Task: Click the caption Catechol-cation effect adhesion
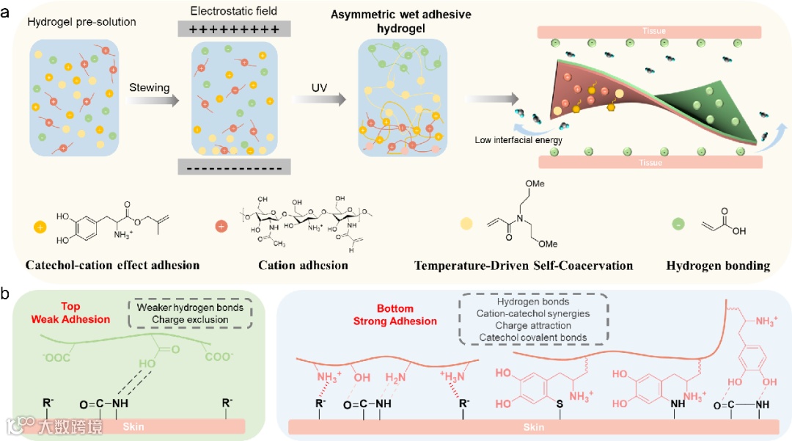[x=113, y=265]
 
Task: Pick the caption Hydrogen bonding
[x=718, y=266]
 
